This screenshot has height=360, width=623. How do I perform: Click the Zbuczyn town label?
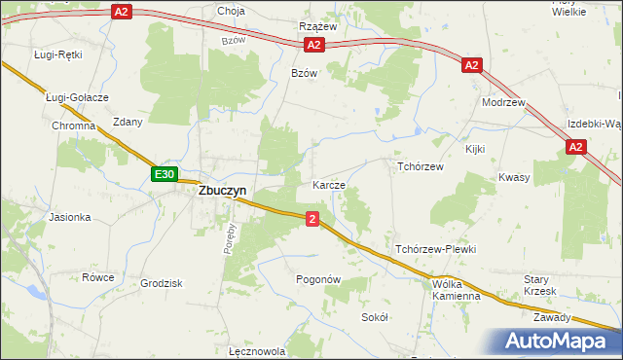coord(222,192)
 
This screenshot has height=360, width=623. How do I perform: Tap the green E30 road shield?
coord(165,174)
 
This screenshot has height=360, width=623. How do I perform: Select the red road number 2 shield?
coord(311,219)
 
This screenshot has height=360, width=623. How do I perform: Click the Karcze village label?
coord(328,185)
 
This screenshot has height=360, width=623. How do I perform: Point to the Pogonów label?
coord(318,279)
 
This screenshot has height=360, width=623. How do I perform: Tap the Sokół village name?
coord(375,317)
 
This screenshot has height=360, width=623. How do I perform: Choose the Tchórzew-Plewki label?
coord(435,250)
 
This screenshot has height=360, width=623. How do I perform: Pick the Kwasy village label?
coord(513,178)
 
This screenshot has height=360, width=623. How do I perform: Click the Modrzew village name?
coord(503,102)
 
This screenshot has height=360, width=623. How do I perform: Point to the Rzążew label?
coord(318,26)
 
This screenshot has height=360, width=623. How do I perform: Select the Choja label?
coord(232,12)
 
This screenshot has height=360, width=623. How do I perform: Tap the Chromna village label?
coord(74,126)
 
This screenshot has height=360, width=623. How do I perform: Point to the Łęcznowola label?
coord(256,351)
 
